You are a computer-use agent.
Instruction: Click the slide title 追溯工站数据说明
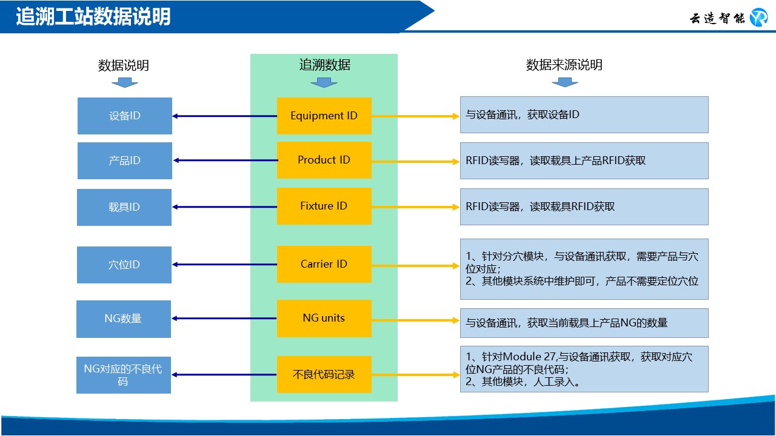coord(93,16)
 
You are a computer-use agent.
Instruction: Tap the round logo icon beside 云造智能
coord(758,18)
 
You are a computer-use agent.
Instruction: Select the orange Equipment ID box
coord(324,116)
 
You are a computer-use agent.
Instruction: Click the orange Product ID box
coord(324,160)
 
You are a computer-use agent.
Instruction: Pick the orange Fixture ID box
coord(324,206)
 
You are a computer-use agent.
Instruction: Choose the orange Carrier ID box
coord(324,264)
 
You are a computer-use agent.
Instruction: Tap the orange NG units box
coord(324,318)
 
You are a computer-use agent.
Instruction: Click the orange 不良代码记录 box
coord(324,374)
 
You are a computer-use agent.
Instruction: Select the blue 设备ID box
coord(125,116)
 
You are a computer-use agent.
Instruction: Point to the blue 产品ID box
coord(125,160)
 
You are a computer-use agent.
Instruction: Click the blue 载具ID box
coord(124,207)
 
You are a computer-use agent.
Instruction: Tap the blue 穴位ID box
coord(124,265)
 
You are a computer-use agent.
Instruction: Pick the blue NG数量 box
coord(124,319)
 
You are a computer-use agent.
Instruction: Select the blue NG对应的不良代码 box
coord(124,375)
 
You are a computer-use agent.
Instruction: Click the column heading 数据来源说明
coord(564,65)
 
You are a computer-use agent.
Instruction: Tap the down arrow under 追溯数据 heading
coord(324,82)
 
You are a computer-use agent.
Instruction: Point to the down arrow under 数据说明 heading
coord(124,82)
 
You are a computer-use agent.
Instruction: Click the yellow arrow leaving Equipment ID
coord(415,116)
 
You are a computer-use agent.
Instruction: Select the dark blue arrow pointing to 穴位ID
coord(224,265)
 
